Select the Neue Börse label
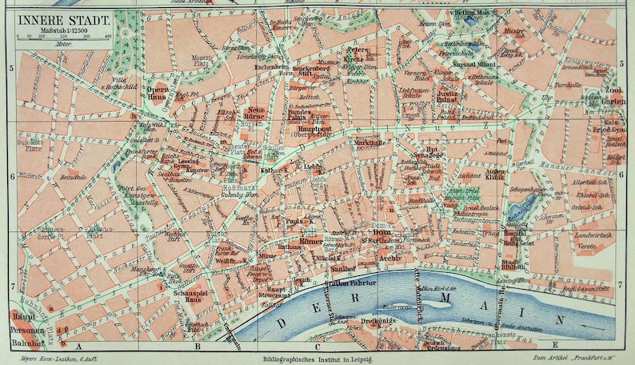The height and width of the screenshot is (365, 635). coord(255,114)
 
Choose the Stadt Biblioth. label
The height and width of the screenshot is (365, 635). coord(513,263)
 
